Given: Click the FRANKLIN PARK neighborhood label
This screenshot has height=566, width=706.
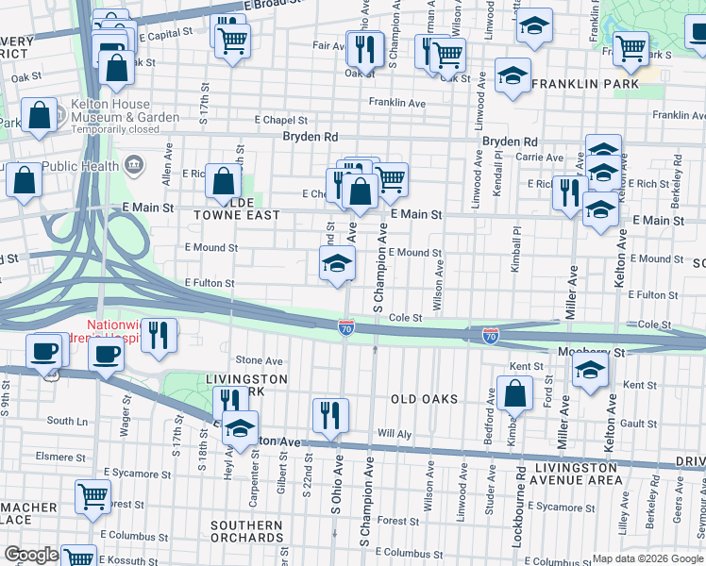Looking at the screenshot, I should point(584,85).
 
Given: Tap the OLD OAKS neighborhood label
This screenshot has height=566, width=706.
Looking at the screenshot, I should point(424,399).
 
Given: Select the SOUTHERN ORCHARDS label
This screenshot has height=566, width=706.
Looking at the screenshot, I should point(246,533).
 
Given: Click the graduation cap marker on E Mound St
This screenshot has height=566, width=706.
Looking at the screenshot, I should point(336,265).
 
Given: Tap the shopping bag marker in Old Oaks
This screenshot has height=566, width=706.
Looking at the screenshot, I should point(516,394).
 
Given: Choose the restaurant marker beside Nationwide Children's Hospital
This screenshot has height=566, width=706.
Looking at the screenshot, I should point(160,335).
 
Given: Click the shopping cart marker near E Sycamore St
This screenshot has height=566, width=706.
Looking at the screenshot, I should point(92,496).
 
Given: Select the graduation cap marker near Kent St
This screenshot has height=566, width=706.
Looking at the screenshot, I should point(590,370).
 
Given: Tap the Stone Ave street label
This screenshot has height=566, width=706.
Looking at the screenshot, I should point(260,360).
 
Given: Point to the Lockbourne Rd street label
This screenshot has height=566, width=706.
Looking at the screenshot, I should point(520,501).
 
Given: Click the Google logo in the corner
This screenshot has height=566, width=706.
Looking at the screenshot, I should point(30,555).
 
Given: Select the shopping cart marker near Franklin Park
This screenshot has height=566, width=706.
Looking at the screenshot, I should point(630,48).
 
